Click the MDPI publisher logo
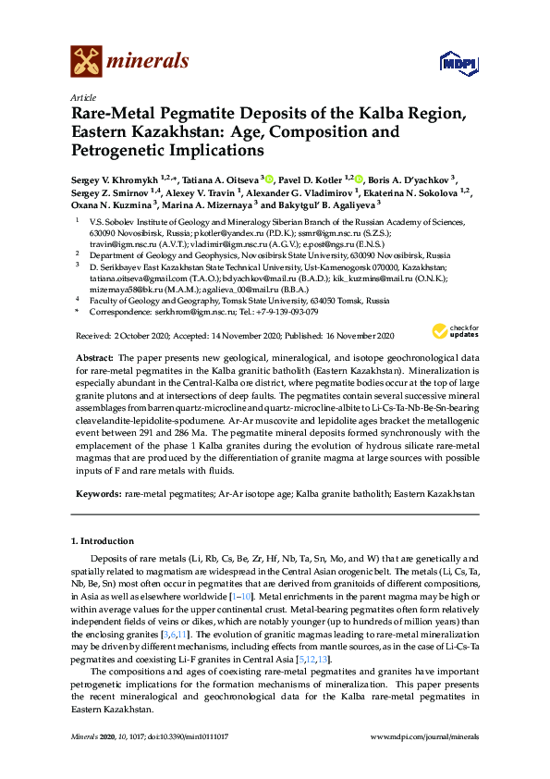point(459,64)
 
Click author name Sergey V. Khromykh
point(115,177)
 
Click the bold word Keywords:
point(97,495)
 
